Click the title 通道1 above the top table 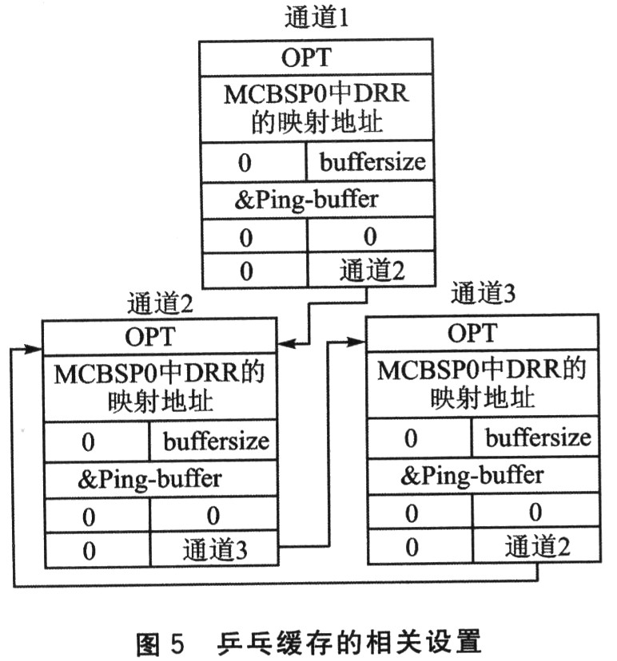317,18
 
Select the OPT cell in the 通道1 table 317,58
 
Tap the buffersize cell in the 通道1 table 372,163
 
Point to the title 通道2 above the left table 159,303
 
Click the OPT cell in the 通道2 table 159,337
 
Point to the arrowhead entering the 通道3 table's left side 357,341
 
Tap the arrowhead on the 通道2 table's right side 286,345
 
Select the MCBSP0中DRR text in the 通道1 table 316,94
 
